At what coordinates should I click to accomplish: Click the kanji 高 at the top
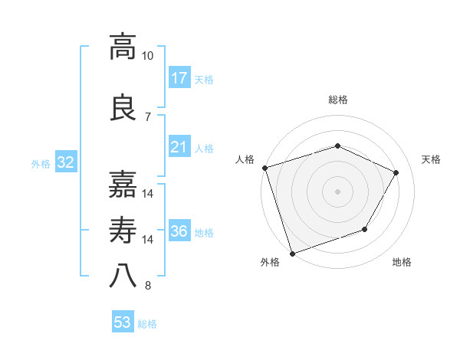(x=123, y=47)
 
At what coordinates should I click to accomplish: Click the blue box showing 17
(x=179, y=78)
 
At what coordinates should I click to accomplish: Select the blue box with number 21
(x=179, y=147)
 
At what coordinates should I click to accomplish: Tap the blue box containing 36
(x=179, y=231)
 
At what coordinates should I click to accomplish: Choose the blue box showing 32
(x=65, y=162)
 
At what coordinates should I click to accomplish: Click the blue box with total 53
(x=123, y=322)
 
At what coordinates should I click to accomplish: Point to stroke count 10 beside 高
(x=148, y=56)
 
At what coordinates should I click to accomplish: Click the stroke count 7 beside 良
(x=147, y=116)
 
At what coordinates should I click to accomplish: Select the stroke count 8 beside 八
(x=147, y=286)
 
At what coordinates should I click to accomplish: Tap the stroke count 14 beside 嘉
(x=148, y=193)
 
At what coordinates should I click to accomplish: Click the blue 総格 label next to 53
(x=147, y=324)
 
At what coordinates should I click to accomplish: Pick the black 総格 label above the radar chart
(x=337, y=100)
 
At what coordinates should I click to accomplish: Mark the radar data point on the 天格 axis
(x=396, y=172)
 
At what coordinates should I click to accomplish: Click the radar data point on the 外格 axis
(x=292, y=253)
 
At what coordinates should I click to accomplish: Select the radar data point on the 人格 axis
(x=264, y=168)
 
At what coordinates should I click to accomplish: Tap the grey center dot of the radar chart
(x=337, y=191)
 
